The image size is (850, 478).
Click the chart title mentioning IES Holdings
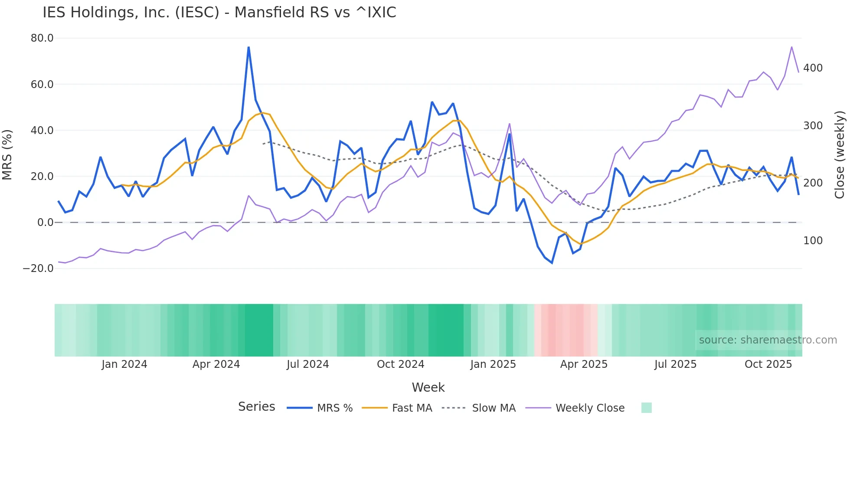219,13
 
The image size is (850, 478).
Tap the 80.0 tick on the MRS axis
42,38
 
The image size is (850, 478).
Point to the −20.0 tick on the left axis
38,268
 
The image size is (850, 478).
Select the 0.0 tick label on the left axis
45,223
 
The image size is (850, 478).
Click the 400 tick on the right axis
813,68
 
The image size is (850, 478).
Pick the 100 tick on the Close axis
813,241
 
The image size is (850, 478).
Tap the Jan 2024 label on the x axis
124,364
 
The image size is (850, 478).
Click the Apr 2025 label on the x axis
584,364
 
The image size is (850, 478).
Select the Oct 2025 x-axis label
768,364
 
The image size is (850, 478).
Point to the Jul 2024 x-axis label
308,364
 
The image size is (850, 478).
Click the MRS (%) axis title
7,154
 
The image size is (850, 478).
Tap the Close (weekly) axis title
840,154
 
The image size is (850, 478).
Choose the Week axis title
428,387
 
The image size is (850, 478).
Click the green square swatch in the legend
646,408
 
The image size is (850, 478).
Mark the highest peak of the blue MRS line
248,47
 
